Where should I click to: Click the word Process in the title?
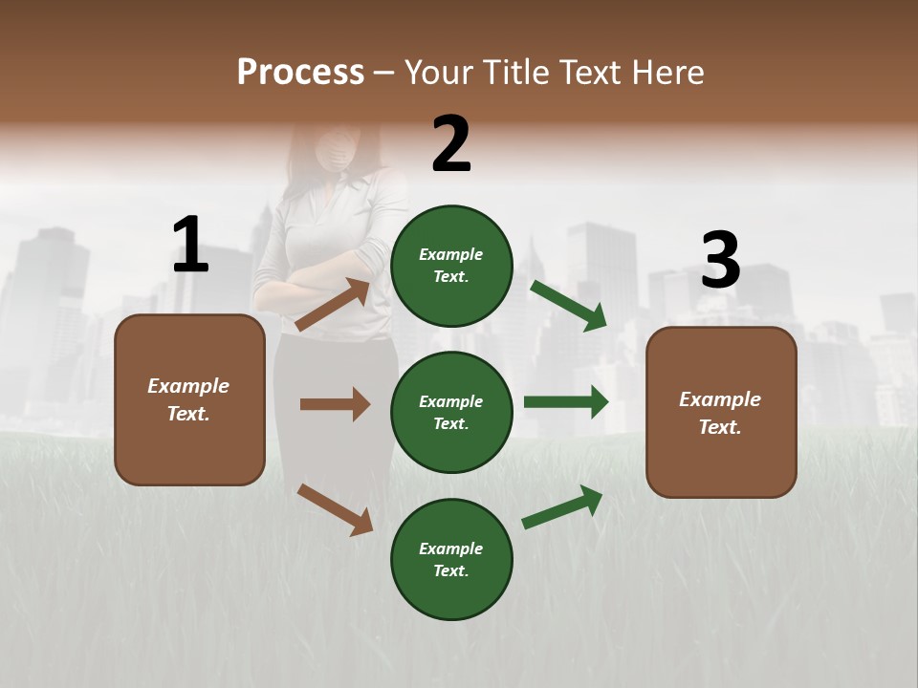pos(300,72)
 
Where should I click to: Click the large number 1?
pos(190,246)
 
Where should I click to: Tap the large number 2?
pos(451,144)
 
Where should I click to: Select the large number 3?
pos(720,260)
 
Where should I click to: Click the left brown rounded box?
pos(189,399)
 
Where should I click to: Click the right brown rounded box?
pos(721,413)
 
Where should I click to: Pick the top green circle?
pos(451,266)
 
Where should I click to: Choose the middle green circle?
pos(451,412)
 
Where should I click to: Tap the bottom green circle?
pos(451,559)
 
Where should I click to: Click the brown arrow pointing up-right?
pos(333,304)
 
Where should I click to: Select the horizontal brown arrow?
pos(335,404)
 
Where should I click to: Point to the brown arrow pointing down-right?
pos(335,509)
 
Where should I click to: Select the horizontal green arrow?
pos(565,402)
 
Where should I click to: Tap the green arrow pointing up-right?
pos(562,506)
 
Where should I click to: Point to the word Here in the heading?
pos(667,72)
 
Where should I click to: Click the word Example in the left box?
pos(188,386)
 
